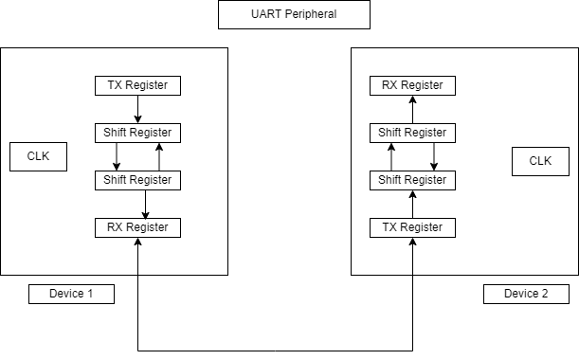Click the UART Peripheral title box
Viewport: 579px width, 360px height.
(x=294, y=14)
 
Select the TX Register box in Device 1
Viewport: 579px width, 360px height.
(x=137, y=85)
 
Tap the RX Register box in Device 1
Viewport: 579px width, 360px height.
(x=137, y=227)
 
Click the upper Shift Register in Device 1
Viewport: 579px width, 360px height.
(x=137, y=133)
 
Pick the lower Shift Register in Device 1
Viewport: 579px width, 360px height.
(x=137, y=180)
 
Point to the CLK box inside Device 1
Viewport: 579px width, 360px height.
(x=39, y=156)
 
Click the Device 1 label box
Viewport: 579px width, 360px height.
(x=71, y=294)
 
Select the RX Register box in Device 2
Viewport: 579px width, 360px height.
(x=412, y=85)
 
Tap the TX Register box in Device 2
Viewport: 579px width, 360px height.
(x=412, y=227)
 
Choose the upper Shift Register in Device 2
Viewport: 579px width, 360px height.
(x=412, y=133)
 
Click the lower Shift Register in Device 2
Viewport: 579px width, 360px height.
(x=412, y=180)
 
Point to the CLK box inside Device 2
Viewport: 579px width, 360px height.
(x=540, y=161)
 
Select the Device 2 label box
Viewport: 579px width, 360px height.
(x=526, y=294)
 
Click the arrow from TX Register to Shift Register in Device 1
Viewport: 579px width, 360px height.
(x=138, y=109)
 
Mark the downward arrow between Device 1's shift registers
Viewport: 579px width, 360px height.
(x=117, y=156)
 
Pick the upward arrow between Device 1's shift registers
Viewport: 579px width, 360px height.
(x=159, y=156)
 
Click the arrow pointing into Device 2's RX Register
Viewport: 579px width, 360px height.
(x=412, y=109)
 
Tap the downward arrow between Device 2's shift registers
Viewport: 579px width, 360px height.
(x=434, y=156)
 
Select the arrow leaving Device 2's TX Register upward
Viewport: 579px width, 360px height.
(x=412, y=204)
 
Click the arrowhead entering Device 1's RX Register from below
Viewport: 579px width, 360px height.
(x=138, y=243)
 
